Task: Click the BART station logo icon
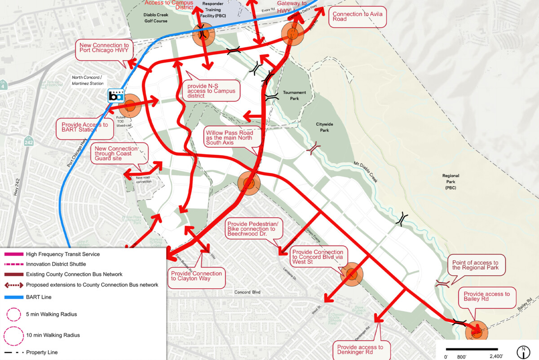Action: click(x=116, y=96)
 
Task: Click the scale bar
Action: click(x=472, y=349)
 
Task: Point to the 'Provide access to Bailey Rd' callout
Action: click(x=487, y=297)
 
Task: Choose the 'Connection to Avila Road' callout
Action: click(x=353, y=17)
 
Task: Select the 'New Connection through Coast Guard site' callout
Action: click(x=119, y=153)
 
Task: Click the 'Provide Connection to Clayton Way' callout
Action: click(x=196, y=276)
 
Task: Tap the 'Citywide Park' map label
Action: click(x=323, y=127)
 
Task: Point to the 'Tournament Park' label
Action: click(x=294, y=95)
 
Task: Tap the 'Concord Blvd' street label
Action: click(x=248, y=292)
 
